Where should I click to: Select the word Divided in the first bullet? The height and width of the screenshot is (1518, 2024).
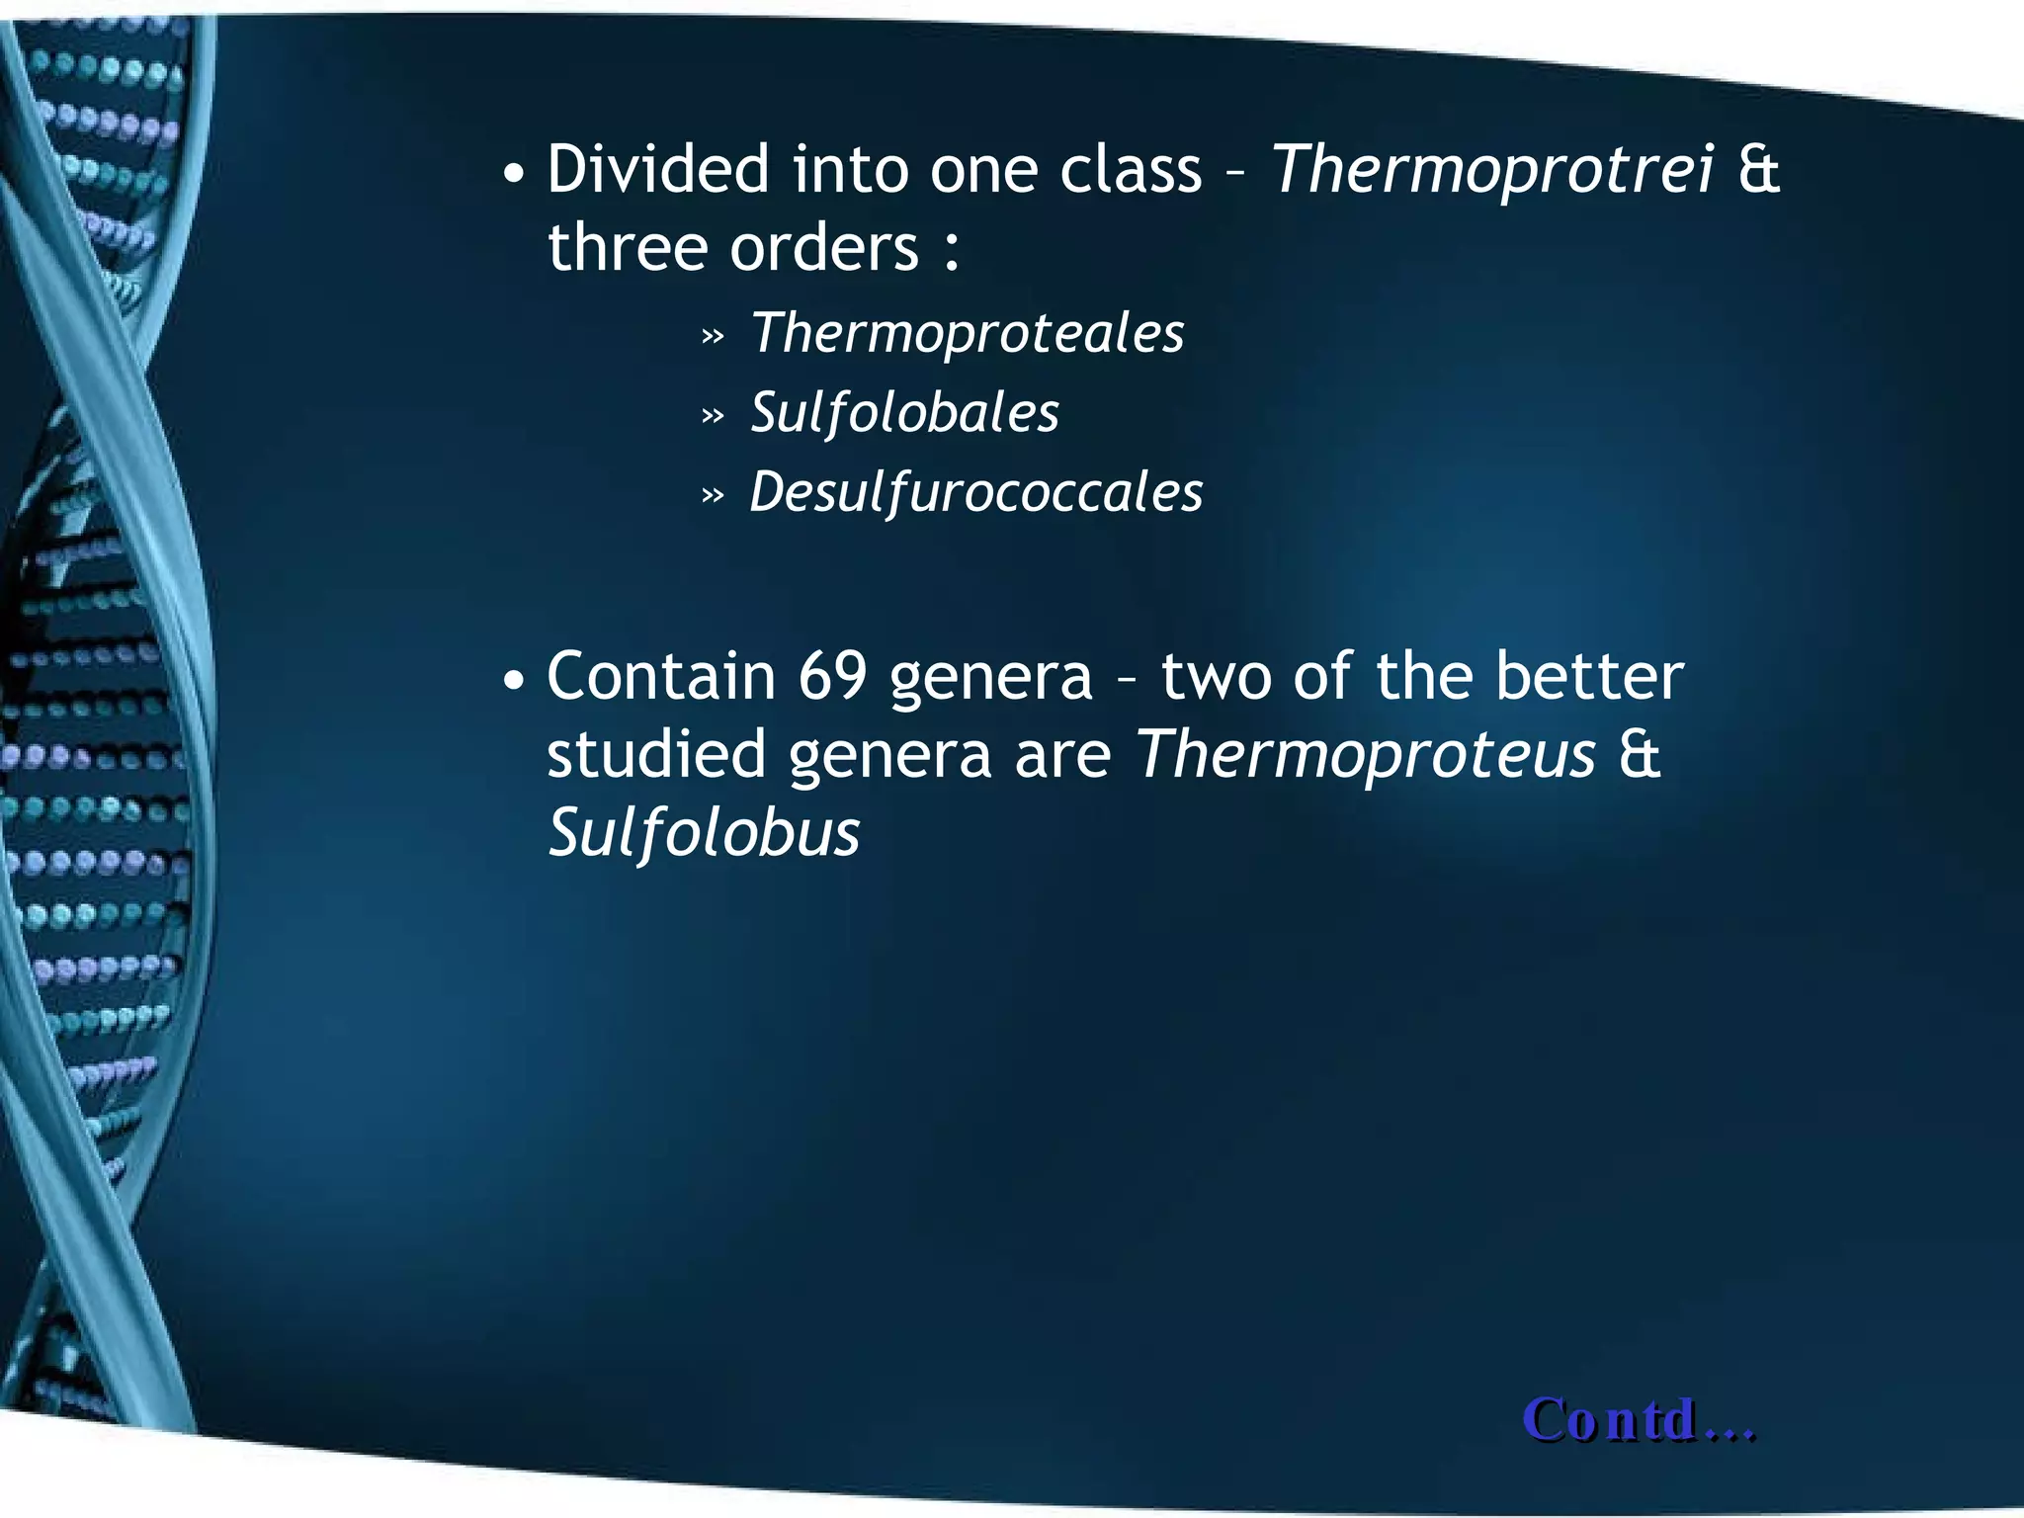tap(657, 169)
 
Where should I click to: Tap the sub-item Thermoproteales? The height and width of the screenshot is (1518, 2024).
tap(967, 333)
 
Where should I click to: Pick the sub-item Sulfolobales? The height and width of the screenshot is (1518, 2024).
tap(904, 413)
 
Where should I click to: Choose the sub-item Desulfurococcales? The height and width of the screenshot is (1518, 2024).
tap(975, 493)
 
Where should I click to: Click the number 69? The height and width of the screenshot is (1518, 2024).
tap(832, 677)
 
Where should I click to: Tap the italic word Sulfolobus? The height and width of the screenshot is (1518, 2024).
tap(704, 833)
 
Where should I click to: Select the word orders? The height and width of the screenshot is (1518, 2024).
tap(824, 247)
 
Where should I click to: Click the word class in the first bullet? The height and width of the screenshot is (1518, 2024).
tap(1131, 169)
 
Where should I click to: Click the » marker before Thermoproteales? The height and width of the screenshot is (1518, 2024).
tap(713, 337)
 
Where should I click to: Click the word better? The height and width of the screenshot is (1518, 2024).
tap(1589, 677)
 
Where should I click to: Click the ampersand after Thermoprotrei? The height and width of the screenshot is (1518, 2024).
tap(1759, 170)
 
